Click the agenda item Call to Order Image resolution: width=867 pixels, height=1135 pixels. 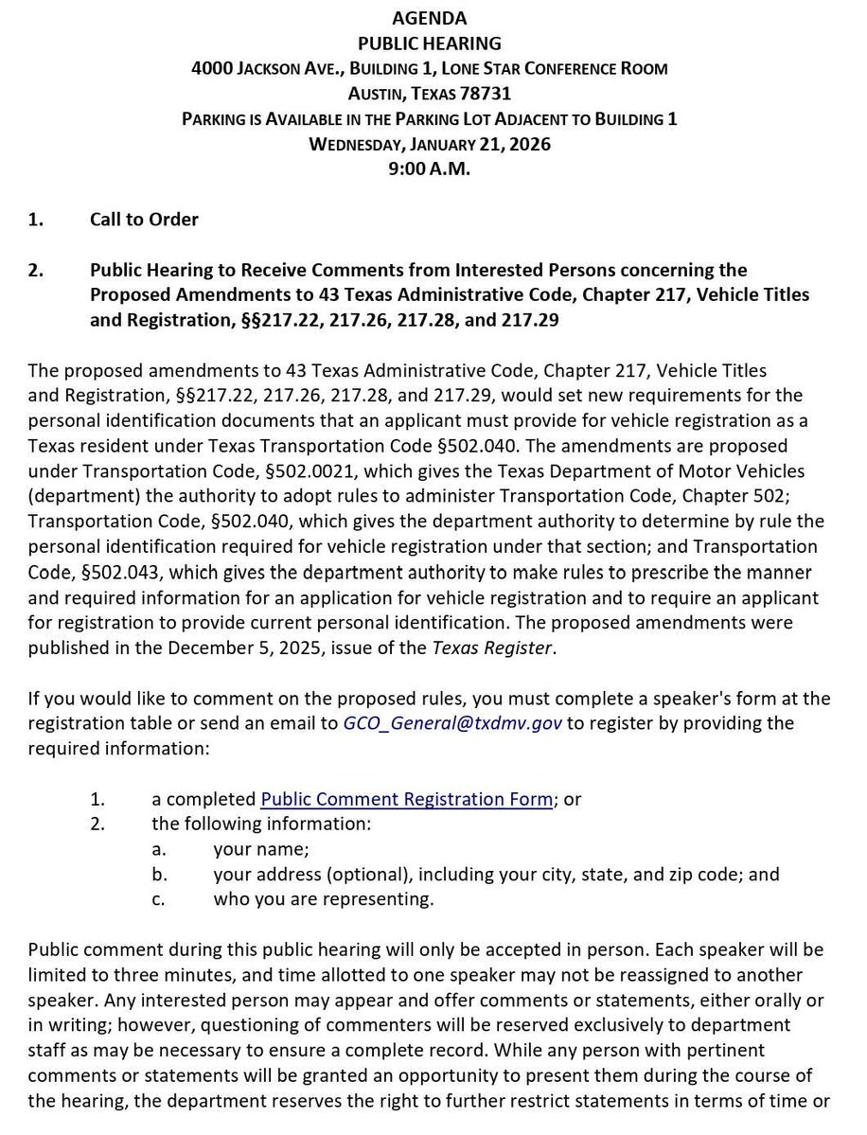pos(144,220)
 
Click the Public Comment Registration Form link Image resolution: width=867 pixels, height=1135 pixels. pos(406,799)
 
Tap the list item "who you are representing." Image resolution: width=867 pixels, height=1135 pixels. pos(324,899)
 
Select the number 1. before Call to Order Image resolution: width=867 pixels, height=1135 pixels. pos(36,220)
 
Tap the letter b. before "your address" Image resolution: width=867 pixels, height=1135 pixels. pos(159,875)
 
